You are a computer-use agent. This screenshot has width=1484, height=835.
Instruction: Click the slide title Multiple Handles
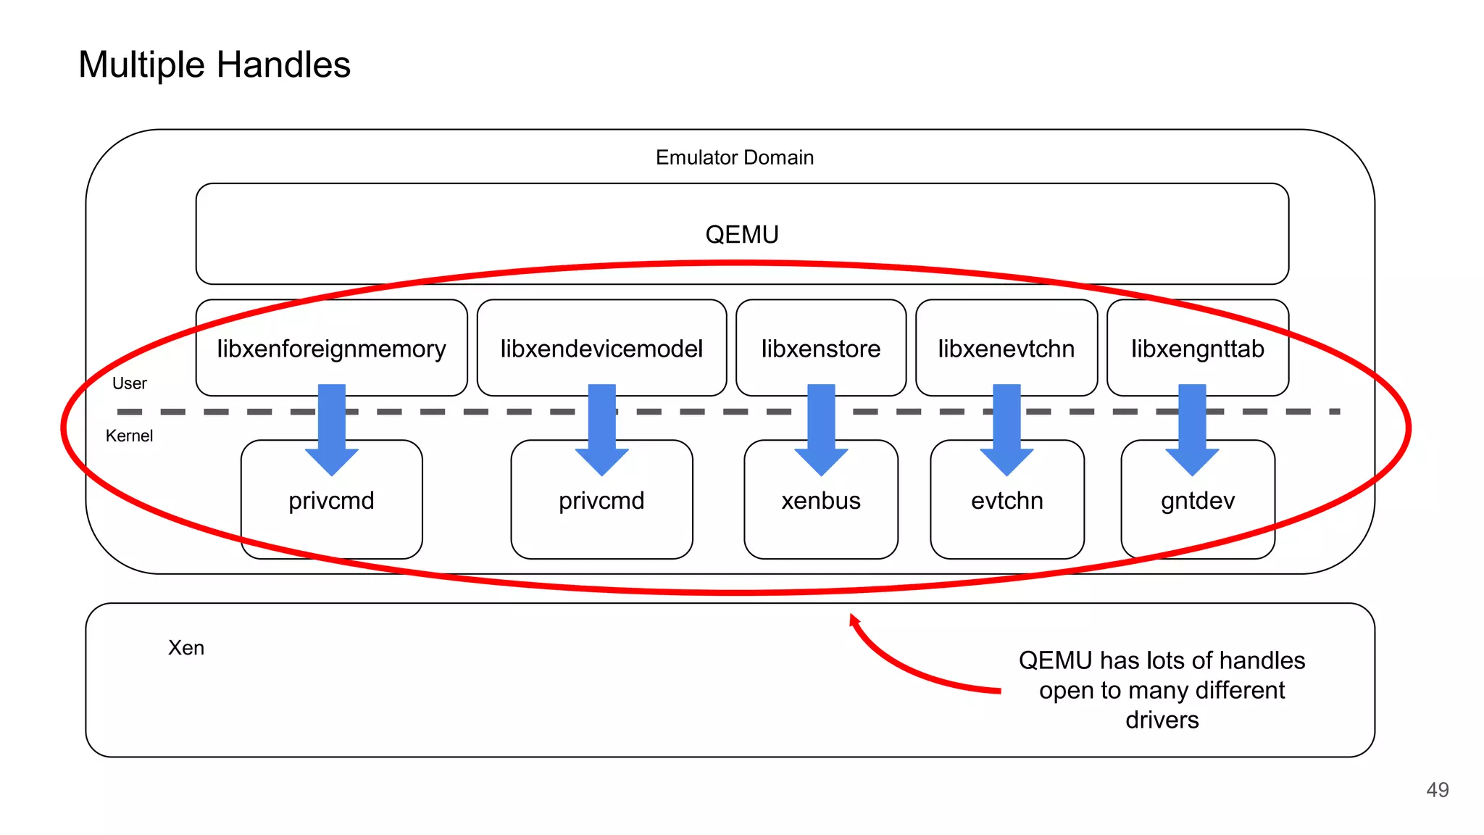pyautogui.click(x=214, y=65)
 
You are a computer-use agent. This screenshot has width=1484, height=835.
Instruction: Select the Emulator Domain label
pyautogui.click(x=734, y=157)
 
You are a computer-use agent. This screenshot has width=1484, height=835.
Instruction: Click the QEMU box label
pyautogui.click(x=741, y=234)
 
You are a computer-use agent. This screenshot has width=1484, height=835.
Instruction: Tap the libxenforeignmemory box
pyautogui.click(x=331, y=349)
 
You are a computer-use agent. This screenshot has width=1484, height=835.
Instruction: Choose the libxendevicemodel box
pyautogui.click(x=601, y=349)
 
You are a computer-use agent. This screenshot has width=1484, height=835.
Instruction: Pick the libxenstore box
pyautogui.click(x=820, y=349)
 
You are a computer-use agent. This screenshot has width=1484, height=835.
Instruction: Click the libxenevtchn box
pyautogui.click(x=1006, y=349)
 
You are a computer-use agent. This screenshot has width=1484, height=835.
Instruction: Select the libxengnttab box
pyautogui.click(x=1197, y=349)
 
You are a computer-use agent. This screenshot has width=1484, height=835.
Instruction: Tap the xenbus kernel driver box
pyautogui.click(x=820, y=507)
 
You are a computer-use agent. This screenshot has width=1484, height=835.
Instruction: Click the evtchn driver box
pyautogui.click(x=1006, y=507)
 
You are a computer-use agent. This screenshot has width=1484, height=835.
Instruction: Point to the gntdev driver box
pyautogui.click(x=1197, y=507)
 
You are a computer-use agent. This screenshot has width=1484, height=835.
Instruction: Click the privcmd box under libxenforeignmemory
pyautogui.click(x=331, y=507)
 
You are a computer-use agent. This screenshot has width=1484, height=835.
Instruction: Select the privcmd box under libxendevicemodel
pyautogui.click(x=601, y=507)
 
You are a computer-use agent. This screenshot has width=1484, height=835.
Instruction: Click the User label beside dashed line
pyautogui.click(x=129, y=383)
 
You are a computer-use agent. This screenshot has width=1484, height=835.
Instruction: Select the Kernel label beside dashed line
pyautogui.click(x=129, y=436)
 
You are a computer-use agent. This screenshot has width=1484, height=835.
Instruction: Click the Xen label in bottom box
pyautogui.click(x=186, y=647)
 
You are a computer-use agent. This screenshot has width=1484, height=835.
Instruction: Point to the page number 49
pyautogui.click(x=1437, y=789)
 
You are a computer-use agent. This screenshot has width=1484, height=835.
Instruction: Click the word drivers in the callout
pyautogui.click(x=1162, y=720)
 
